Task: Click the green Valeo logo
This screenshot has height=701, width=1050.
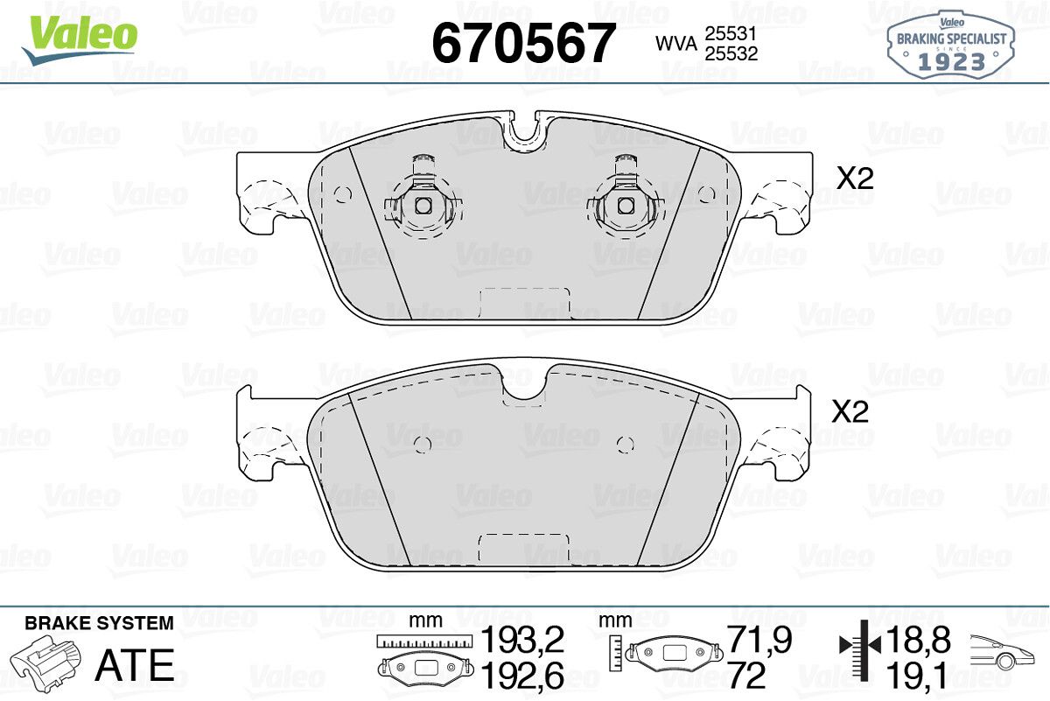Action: (80, 40)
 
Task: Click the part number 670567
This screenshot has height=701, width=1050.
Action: (523, 43)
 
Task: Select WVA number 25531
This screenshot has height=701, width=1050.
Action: (731, 34)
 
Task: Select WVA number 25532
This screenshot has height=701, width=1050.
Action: (731, 54)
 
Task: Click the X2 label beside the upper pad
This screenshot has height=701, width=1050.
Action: (855, 179)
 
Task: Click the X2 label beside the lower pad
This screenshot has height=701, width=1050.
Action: (850, 411)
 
